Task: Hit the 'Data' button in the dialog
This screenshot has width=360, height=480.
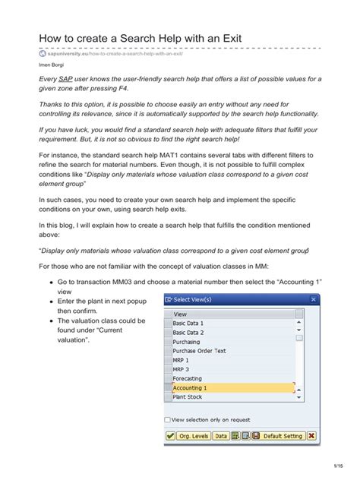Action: [x=220, y=436]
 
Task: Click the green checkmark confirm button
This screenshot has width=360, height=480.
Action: [x=170, y=436]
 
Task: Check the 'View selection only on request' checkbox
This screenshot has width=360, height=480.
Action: [x=168, y=419]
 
